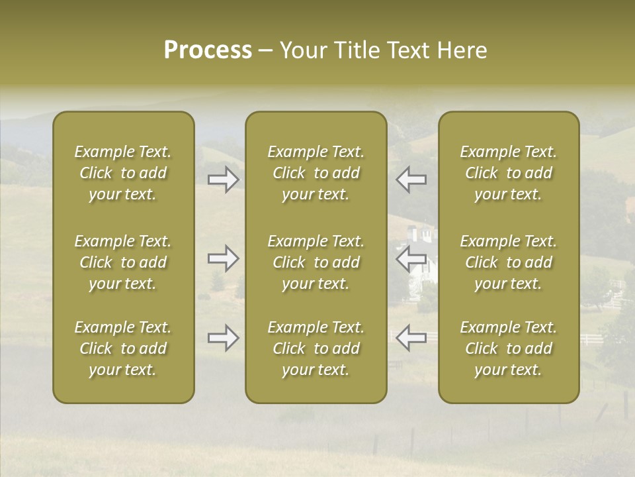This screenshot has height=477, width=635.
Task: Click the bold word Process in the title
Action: [208, 50]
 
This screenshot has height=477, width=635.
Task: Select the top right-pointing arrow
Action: [224, 179]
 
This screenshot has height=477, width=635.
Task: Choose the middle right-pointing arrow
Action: [224, 259]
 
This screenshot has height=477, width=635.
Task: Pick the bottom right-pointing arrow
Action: [224, 338]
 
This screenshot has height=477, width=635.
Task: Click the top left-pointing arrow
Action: [411, 179]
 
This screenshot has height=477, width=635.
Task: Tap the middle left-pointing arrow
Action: [411, 259]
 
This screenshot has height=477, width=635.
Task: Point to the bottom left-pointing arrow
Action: [411, 338]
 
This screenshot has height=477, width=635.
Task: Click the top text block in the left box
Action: [123, 173]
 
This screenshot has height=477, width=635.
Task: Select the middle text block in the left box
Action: [123, 262]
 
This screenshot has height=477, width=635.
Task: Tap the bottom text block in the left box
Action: [123, 348]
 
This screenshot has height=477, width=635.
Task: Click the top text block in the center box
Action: [316, 173]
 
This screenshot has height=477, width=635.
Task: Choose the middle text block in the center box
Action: [316, 262]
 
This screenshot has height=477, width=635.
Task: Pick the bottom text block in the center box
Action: [316, 348]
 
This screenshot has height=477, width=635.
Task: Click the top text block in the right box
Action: [508, 173]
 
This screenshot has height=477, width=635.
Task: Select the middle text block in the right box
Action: [508, 262]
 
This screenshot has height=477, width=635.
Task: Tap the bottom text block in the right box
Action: [508, 348]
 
